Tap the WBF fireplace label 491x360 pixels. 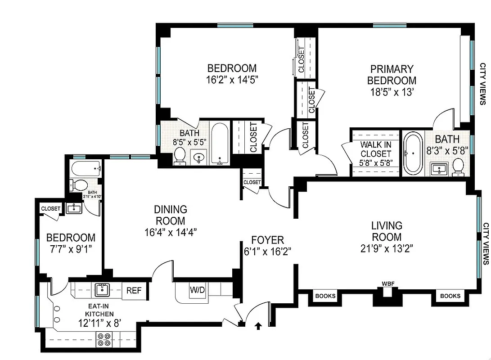point(388,284)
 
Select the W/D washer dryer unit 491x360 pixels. point(197,290)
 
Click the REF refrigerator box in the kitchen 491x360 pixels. point(134,291)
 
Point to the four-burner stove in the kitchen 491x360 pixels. point(104,339)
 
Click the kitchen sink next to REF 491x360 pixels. point(102,289)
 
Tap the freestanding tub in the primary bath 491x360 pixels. point(411,153)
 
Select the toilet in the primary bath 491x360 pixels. point(459,166)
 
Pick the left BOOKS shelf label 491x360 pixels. point(325,296)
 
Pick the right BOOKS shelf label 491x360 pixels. point(450,296)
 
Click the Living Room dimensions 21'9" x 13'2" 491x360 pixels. point(387,248)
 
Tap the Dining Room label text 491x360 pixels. point(170,215)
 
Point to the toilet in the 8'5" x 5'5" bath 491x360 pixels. point(180,156)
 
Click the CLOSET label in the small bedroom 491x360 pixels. point(50,209)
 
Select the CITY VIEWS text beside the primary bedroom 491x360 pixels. point(482,84)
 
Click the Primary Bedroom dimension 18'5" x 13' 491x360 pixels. point(392,92)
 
